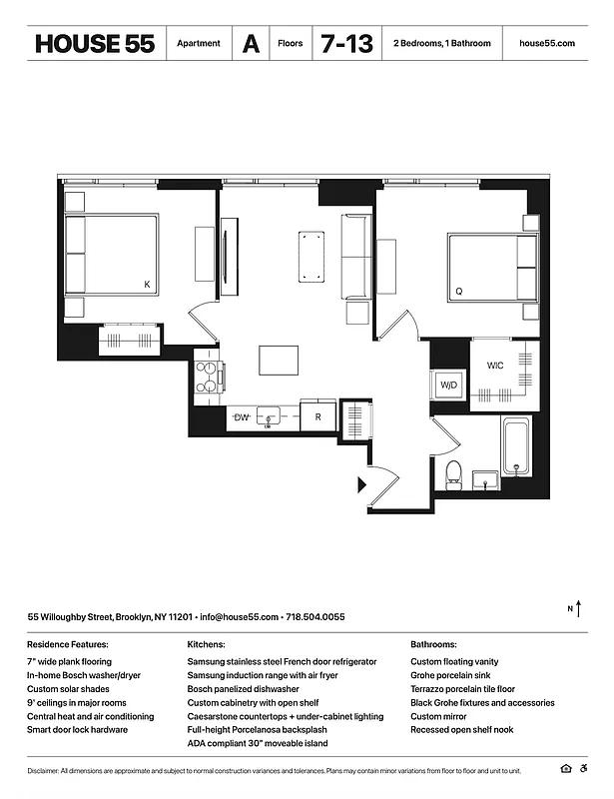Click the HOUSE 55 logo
[x=95, y=44]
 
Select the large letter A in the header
[x=251, y=44]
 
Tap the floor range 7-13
[x=345, y=44]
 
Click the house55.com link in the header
[x=547, y=44]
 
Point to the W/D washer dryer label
[x=449, y=386]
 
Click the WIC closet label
[x=495, y=366]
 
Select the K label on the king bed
[x=147, y=285]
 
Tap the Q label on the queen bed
[x=458, y=292]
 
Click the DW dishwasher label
[x=241, y=416]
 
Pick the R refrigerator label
[x=317, y=417]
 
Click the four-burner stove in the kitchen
[x=208, y=378]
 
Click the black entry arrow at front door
[x=361, y=485]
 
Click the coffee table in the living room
[x=312, y=256]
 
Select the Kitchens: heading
[x=206, y=645]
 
